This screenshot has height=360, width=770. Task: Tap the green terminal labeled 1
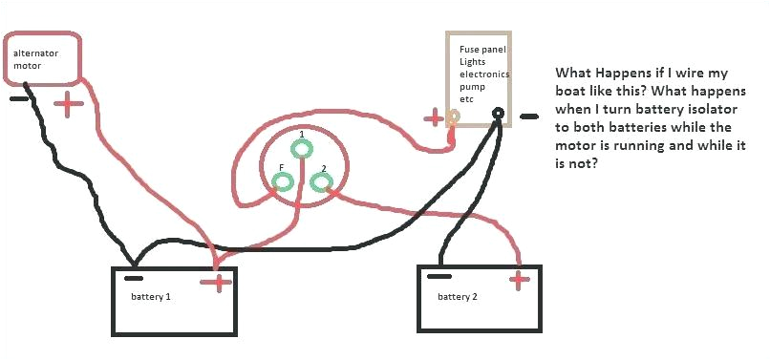click(x=302, y=149)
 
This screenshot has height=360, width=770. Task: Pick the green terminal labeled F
click(x=282, y=181)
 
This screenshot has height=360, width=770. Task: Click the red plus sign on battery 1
click(x=219, y=282)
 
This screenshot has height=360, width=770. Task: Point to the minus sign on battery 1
click(x=135, y=279)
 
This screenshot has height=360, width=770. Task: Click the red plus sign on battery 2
click(x=519, y=280)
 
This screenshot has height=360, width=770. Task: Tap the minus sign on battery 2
click(x=439, y=276)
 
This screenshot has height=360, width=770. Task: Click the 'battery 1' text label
click(x=151, y=297)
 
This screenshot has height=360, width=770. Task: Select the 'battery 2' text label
click(x=458, y=297)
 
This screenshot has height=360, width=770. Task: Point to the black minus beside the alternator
click(x=18, y=97)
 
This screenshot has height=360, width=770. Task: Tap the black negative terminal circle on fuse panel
click(x=498, y=114)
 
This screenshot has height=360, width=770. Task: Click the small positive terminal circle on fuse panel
click(x=455, y=117)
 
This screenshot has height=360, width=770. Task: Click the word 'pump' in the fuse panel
click(x=473, y=86)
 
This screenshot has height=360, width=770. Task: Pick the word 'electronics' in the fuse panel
click(x=484, y=74)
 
